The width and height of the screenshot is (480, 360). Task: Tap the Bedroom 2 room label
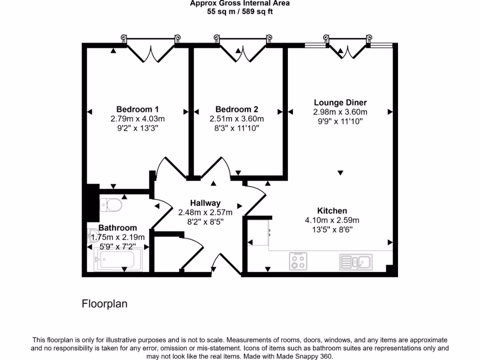tap(237, 110)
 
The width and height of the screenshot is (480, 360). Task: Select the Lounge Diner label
tap(340, 103)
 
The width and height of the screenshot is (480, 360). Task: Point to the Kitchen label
tap(332, 211)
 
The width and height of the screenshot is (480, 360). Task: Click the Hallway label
tap(205, 203)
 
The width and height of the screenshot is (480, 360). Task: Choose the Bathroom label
tap(118, 228)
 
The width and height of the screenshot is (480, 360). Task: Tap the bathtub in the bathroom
tap(118, 259)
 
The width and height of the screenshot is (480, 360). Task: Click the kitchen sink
tap(356, 261)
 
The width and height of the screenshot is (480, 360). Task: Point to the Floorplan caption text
tap(105, 304)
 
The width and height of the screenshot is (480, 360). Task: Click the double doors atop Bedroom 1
tap(151, 51)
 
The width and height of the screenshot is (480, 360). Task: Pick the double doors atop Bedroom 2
tap(242, 51)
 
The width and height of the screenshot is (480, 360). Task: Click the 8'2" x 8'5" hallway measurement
tap(205, 221)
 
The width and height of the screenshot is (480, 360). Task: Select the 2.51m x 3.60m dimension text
tap(237, 119)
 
